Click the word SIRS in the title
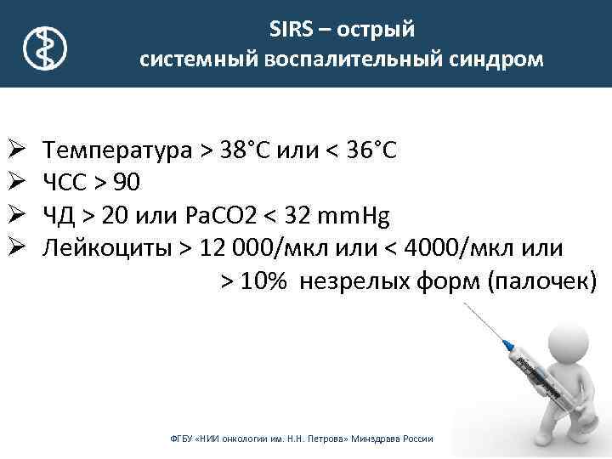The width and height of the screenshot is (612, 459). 292,31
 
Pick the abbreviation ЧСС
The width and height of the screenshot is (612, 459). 71,183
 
